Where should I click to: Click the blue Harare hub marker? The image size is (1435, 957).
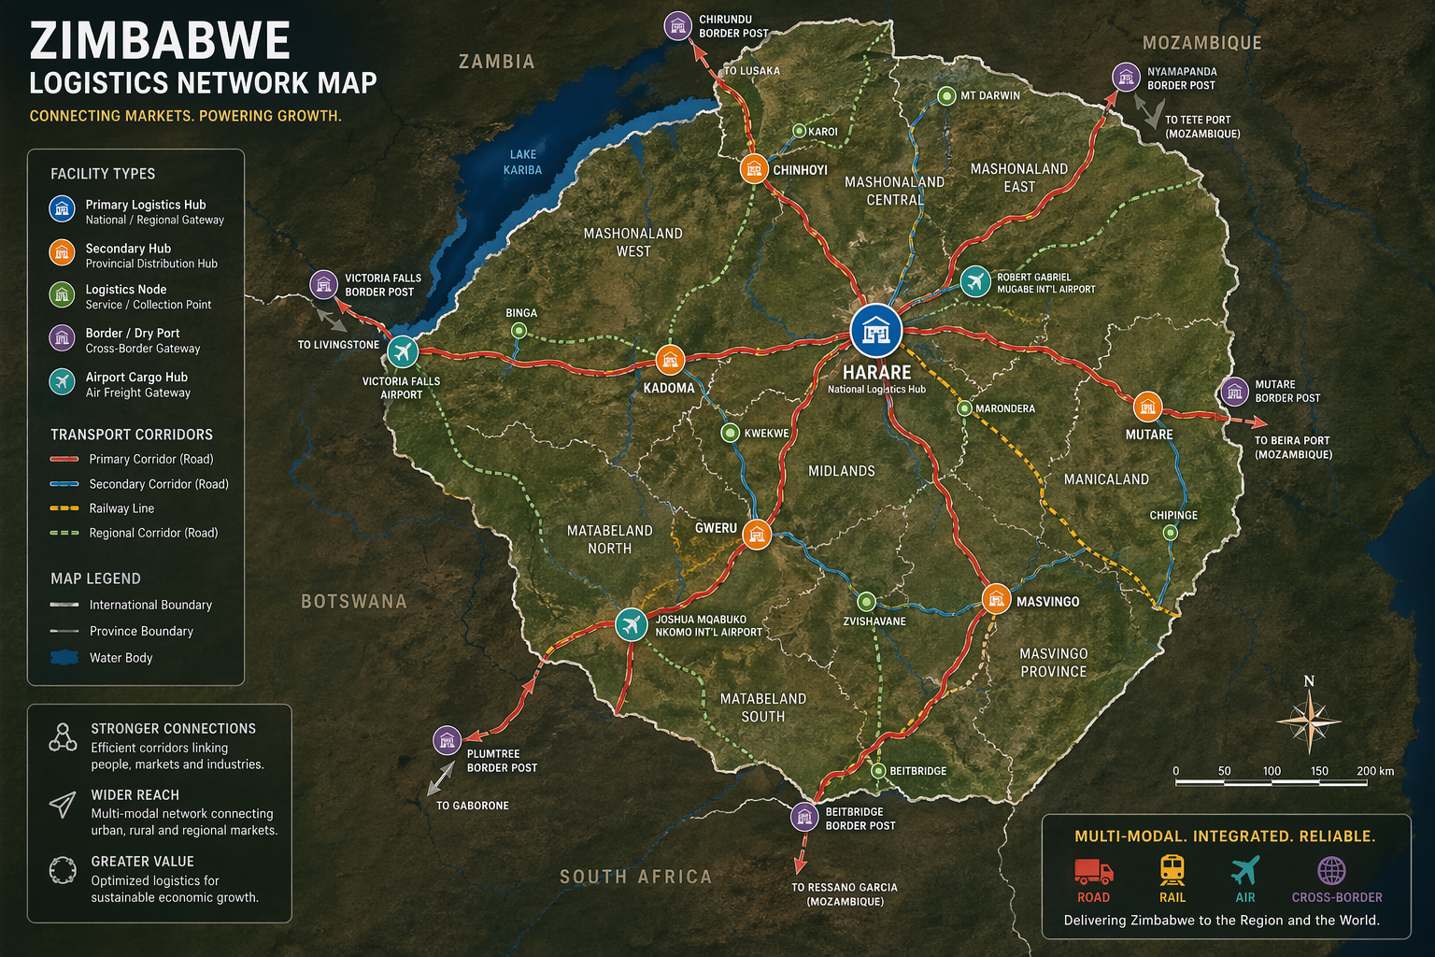click(x=876, y=330)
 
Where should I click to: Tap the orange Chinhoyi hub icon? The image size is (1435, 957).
click(x=754, y=169)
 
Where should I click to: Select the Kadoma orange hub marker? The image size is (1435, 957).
click(x=670, y=359)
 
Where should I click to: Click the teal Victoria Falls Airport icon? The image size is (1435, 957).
click(x=403, y=351)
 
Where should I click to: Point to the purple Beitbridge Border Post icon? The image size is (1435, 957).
click(x=804, y=817)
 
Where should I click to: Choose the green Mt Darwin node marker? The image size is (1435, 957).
click(x=946, y=95)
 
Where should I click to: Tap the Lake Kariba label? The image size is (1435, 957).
click(x=522, y=162)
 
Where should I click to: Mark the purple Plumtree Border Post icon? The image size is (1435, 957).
click(x=448, y=740)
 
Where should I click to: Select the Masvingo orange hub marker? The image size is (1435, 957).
click(x=997, y=598)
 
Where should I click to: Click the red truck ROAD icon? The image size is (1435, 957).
click(x=1093, y=871)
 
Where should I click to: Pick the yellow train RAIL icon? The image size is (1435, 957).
click(x=1172, y=870)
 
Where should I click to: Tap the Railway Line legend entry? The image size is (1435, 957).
click(x=121, y=508)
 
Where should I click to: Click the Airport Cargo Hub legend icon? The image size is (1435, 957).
click(x=62, y=381)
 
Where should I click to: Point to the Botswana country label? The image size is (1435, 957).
click(x=353, y=601)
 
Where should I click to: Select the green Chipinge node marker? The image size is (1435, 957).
click(x=1170, y=533)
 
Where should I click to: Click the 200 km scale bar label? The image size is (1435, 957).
click(x=1374, y=771)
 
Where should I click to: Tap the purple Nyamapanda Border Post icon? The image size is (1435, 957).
click(x=1126, y=77)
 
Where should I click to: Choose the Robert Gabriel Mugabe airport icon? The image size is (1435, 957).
click(x=975, y=281)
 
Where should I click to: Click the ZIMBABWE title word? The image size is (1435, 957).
click(x=160, y=42)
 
